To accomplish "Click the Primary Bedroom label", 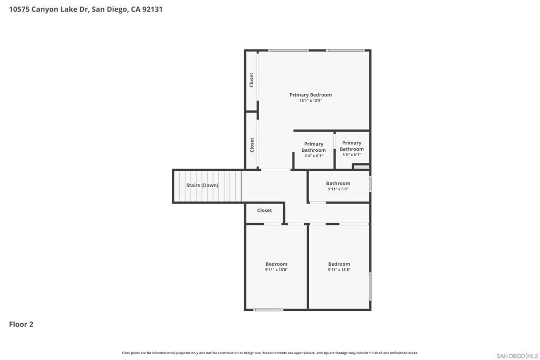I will click(311, 95).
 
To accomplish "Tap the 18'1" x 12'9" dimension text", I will click(311, 101).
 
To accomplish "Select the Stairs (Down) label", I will click(202, 186).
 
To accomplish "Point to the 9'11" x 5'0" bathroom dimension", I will click(338, 189).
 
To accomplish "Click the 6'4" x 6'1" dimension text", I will click(314, 156).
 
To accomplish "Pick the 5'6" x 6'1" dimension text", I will click(352, 155).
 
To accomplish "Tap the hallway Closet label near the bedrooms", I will click(265, 210).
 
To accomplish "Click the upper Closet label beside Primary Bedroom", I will click(252, 80).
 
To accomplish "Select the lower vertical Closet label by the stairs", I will click(252, 145).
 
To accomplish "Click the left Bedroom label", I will click(276, 264).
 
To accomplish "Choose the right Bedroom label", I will click(339, 264).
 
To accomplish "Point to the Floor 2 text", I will click(21, 324).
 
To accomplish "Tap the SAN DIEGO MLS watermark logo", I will click(517, 356).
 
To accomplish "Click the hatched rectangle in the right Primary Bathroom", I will click(361, 167).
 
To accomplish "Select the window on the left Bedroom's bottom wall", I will click(269, 310).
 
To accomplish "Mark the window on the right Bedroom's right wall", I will click(370, 286).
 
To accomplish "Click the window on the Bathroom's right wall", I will click(370, 184).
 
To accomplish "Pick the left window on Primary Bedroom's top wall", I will click(288, 51).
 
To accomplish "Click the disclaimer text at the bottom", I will click(270, 353).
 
